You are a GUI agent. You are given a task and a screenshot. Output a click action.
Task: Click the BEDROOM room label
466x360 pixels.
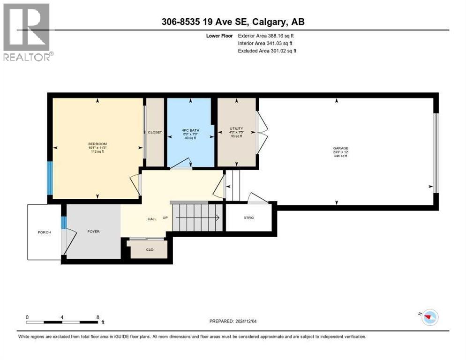tap(98, 144)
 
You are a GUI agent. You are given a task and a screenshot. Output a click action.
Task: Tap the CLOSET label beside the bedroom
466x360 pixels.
tap(155, 132)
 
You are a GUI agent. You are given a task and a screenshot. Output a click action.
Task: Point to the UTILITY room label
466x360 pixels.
tap(236, 128)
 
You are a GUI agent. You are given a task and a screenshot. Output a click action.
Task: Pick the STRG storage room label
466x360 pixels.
tap(248, 217)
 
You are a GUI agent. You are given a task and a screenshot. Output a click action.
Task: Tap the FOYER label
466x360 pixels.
tap(93, 231)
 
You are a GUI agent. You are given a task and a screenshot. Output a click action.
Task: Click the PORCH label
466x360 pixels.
tap(45, 232)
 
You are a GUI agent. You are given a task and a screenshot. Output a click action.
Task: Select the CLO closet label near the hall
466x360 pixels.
tap(150, 249)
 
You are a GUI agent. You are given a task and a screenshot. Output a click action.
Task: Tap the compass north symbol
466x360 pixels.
tap(428, 317)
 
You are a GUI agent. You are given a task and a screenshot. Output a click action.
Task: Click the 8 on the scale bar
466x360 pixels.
tap(98, 317)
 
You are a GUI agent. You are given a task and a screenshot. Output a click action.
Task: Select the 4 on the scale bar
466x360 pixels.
tap(62, 317)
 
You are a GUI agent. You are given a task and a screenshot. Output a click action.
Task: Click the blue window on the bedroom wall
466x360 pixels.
tap(50, 178)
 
